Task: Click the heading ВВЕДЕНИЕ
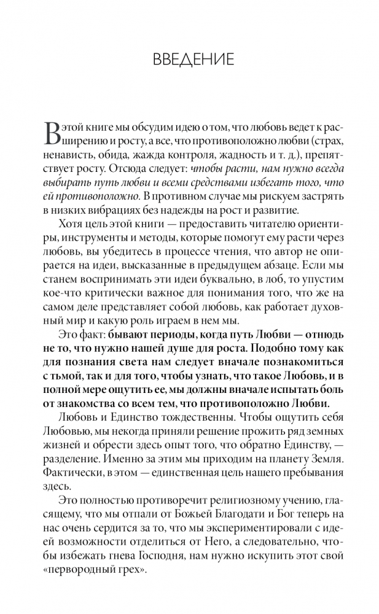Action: pyautogui.click(x=189, y=60)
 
